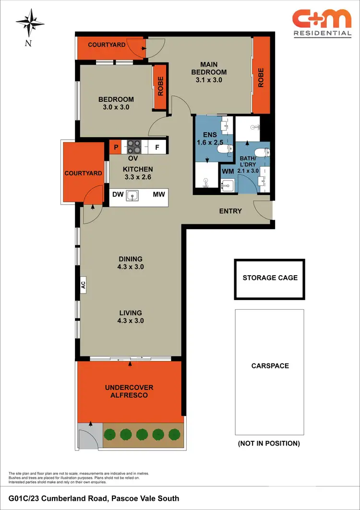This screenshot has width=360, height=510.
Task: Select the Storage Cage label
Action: pyautogui.click(x=270, y=278)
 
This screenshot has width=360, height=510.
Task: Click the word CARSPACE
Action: pyautogui.click(x=270, y=366)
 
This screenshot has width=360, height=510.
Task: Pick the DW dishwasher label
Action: pyautogui.click(x=118, y=194)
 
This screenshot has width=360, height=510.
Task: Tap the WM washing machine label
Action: pyautogui.click(x=227, y=170)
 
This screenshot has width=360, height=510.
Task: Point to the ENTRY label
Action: pyautogui.click(x=230, y=211)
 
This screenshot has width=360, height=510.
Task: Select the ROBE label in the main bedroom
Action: pyautogui.click(x=261, y=77)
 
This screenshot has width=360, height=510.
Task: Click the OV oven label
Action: pyautogui.click(x=133, y=158)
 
